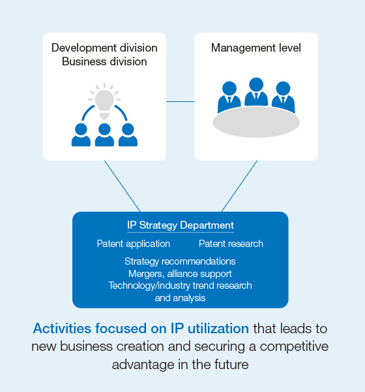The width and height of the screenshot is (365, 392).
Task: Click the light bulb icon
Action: coord(104,101)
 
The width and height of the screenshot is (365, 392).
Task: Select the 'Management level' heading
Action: coord(256,48)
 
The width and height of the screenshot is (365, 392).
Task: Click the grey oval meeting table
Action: coord(256,122)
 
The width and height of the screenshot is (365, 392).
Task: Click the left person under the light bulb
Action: coord(81,135)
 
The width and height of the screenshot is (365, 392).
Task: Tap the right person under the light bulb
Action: coord(128,135)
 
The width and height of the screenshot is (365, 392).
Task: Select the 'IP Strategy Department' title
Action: coord(181,225)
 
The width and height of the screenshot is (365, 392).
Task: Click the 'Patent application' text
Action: coord(134,244)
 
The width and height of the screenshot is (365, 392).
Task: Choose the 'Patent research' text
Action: coord(231,244)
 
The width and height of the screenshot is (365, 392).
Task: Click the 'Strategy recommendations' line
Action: coord(180,261)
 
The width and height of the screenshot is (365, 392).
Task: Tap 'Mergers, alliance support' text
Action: coord(180,273)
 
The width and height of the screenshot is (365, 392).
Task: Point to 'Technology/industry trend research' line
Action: coord(180,286)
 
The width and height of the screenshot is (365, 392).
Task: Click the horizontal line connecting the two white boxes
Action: coord(181,101)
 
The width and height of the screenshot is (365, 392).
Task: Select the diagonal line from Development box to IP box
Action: coord(122,186)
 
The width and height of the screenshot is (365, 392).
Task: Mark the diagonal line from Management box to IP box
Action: coord(239,186)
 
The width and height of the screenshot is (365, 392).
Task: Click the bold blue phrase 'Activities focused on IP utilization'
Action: coord(141,328)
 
